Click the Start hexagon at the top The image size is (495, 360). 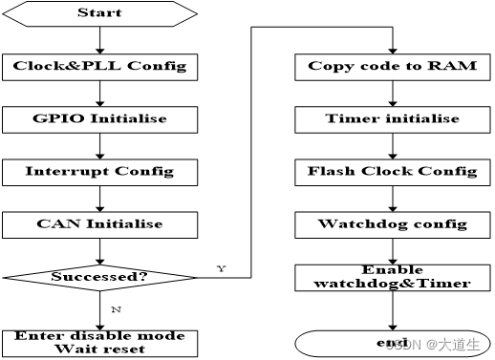(99, 13)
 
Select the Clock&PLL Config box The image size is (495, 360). (99, 67)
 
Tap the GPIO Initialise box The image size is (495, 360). (99, 119)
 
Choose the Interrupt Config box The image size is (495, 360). (99, 172)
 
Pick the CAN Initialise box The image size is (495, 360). (99, 224)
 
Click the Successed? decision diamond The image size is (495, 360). (99, 277)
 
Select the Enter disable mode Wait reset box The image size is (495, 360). (99, 343)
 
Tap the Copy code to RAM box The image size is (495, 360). (392, 67)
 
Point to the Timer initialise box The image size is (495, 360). (392, 119)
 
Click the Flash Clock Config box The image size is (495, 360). (392, 172)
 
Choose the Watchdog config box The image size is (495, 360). (392, 224)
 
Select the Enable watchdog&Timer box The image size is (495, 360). (392, 277)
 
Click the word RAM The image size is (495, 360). (455, 67)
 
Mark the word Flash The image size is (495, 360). (332, 172)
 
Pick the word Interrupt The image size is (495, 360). (67, 172)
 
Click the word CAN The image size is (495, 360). (54, 224)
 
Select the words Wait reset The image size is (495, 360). (99, 349)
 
